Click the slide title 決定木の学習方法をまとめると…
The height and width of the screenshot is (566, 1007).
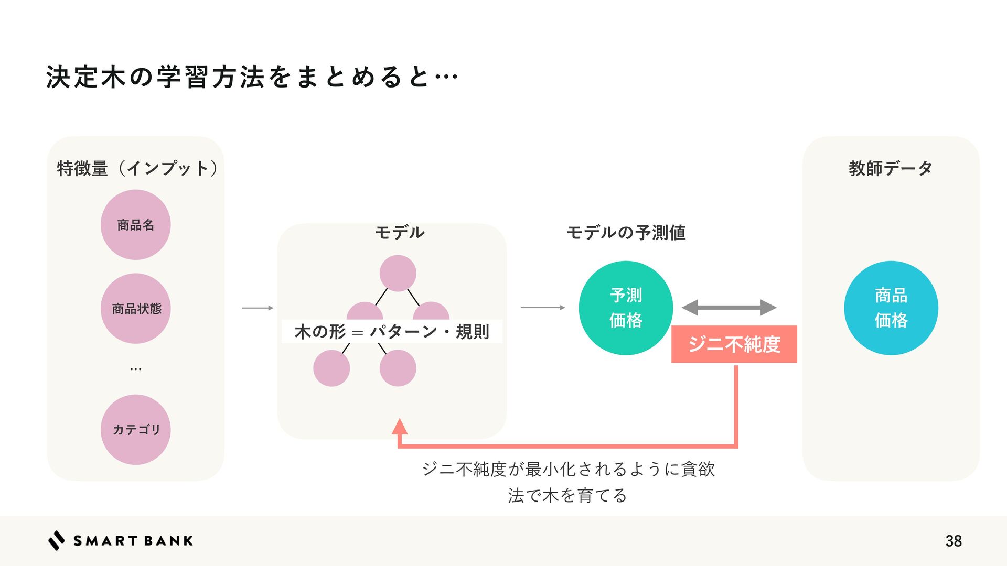[252, 77]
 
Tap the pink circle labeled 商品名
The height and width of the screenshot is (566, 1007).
[136, 225]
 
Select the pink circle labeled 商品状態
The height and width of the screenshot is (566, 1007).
[136, 308]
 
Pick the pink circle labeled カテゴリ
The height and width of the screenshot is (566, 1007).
[136, 429]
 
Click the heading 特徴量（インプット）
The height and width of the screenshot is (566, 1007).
[137, 168]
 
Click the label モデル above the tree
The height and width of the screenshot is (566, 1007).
[399, 232]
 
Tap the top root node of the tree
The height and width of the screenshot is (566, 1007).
[398, 273]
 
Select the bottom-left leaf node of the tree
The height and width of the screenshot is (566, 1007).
[331, 368]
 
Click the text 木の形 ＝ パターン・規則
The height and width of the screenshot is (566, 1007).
[392, 331]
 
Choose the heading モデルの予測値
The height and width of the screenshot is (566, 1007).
[626, 232]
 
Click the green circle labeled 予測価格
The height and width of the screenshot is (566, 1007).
[626, 308]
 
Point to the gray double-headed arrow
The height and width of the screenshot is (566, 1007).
[729, 308]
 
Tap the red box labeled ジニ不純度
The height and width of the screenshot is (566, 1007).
[734, 344]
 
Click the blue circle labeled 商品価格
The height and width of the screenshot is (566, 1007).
[891, 308]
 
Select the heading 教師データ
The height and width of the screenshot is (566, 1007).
[891, 168]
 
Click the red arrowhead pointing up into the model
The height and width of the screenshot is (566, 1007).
[400, 427]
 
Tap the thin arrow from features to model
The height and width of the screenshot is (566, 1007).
[258, 308]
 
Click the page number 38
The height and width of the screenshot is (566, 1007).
[954, 541]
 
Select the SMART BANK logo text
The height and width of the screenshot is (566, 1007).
[133, 541]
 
